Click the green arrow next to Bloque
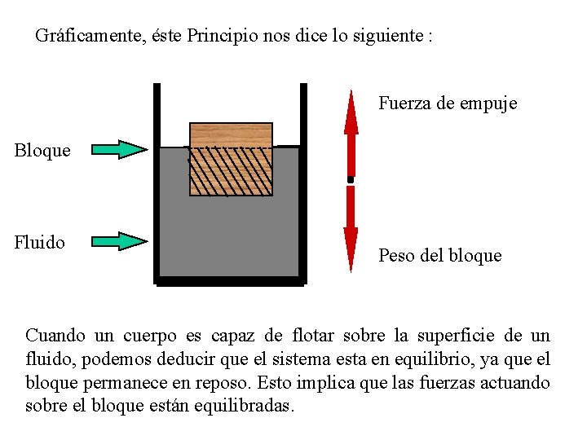point(119,150)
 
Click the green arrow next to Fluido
point(119,241)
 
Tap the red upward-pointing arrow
point(351,130)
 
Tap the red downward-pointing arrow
point(351,228)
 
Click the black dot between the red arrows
point(351,178)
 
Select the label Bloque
point(42,151)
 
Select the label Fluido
point(40,242)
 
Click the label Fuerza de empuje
point(447,103)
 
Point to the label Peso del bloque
point(439,256)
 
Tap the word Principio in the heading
point(223,37)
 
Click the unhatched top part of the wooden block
point(231,134)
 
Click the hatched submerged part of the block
point(231,171)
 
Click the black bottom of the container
point(230,281)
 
